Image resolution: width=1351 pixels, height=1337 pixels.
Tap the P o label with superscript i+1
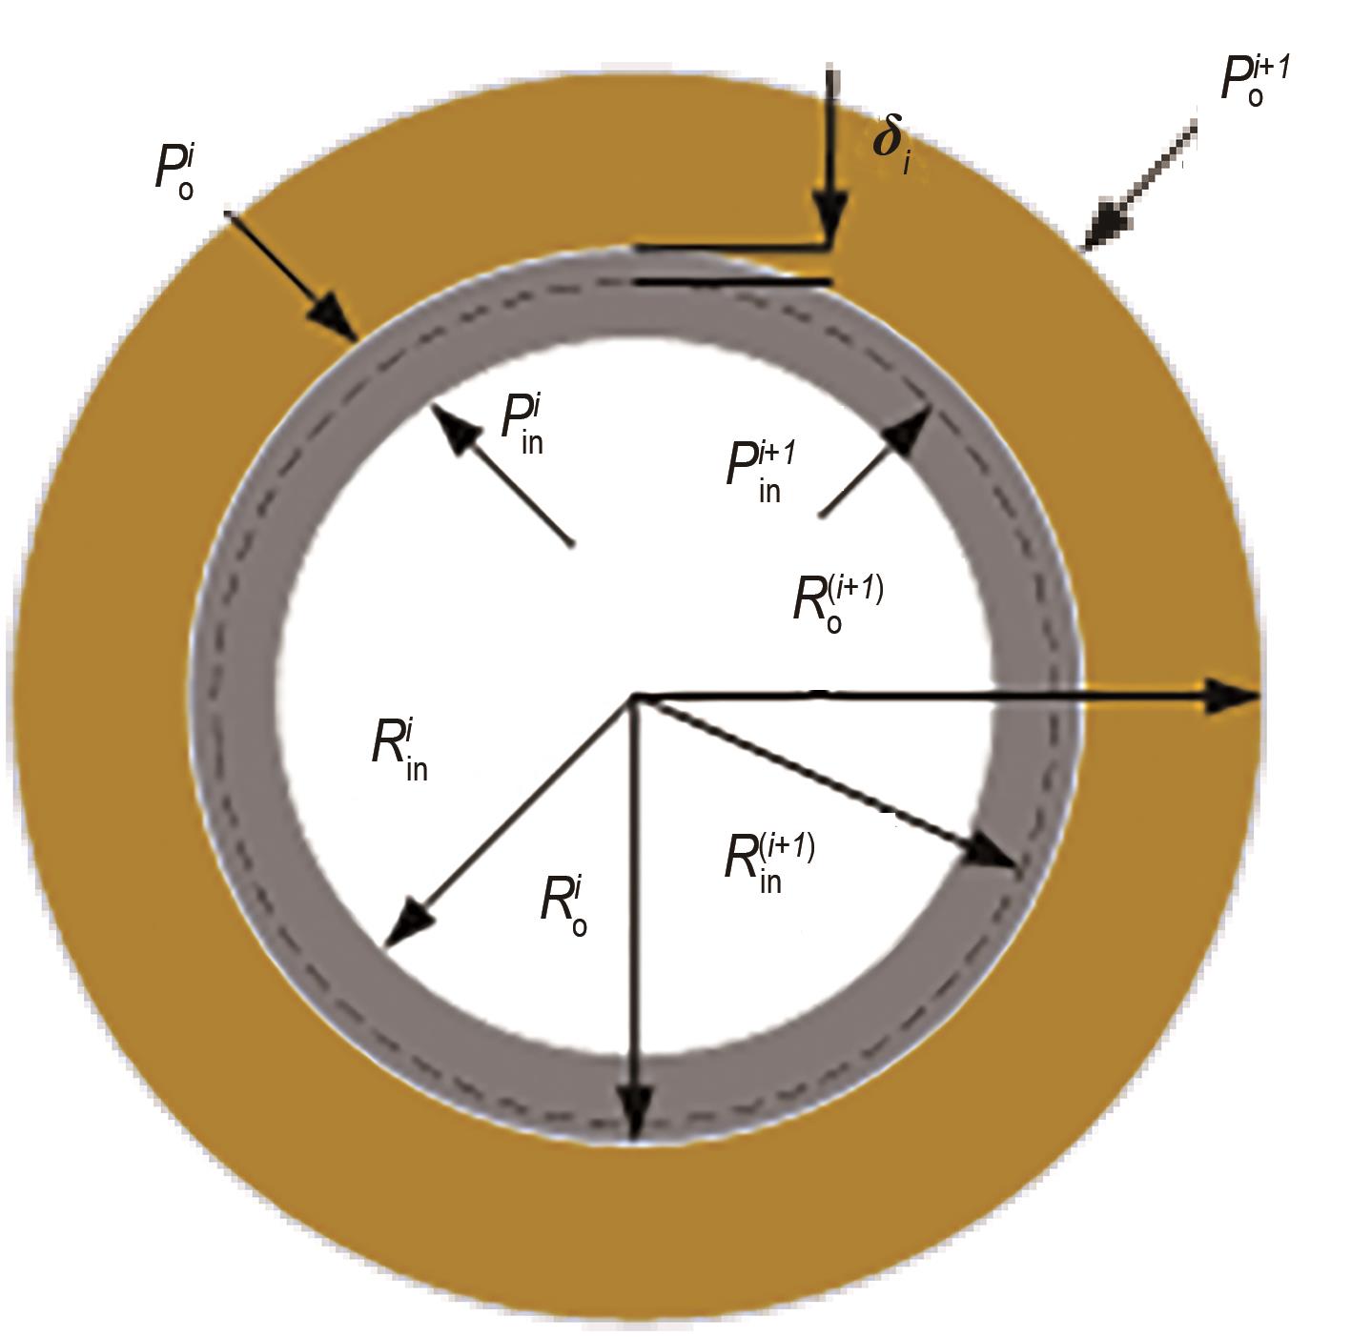(x=1255, y=80)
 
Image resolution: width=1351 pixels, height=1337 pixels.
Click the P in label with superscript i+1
(x=762, y=472)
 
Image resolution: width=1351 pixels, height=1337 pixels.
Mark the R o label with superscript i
(x=563, y=905)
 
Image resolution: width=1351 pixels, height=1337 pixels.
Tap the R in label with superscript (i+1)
(x=769, y=861)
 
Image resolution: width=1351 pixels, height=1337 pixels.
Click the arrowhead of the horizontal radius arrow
(x=1234, y=697)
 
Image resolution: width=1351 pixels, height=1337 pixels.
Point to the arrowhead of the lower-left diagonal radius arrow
(x=406, y=926)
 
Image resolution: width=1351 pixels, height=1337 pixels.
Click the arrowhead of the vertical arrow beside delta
(x=829, y=216)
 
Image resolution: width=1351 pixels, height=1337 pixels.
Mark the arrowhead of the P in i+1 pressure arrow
(x=907, y=430)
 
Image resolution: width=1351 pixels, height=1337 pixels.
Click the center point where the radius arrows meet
(x=634, y=697)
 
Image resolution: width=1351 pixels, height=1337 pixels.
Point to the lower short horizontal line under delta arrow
(x=732, y=282)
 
